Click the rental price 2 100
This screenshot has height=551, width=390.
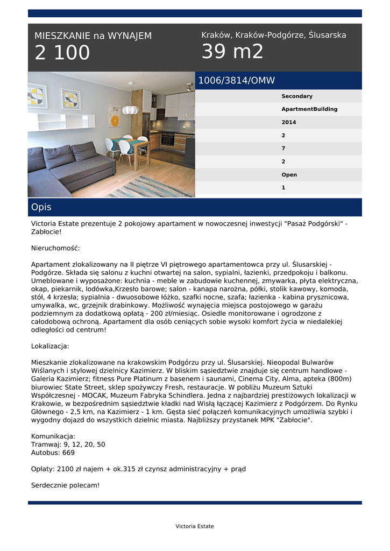[x=62, y=53]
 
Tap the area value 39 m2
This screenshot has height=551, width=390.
[x=232, y=52]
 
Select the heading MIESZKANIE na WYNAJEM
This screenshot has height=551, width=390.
[x=93, y=36]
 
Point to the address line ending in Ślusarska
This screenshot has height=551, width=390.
[x=274, y=35]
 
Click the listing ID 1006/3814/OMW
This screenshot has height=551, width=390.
[x=237, y=81]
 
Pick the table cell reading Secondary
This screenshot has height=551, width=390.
[x=297, y=96]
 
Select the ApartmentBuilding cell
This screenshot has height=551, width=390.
[x=309, y=109]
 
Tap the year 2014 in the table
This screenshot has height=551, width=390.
[x=289, y=122]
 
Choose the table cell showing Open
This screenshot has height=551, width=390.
[x=289, y=175]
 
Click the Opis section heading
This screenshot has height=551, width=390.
[x=41, y=207]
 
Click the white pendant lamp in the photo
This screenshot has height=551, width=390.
[x=130, y=109]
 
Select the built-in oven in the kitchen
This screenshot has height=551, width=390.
[x=167, y=139]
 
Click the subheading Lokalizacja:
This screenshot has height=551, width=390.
[x=50, y=346]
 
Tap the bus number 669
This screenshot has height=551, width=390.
[x=68, y=453]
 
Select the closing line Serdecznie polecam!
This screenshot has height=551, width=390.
[x=65, y=485]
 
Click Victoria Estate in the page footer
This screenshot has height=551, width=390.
[x=195, y=526]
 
